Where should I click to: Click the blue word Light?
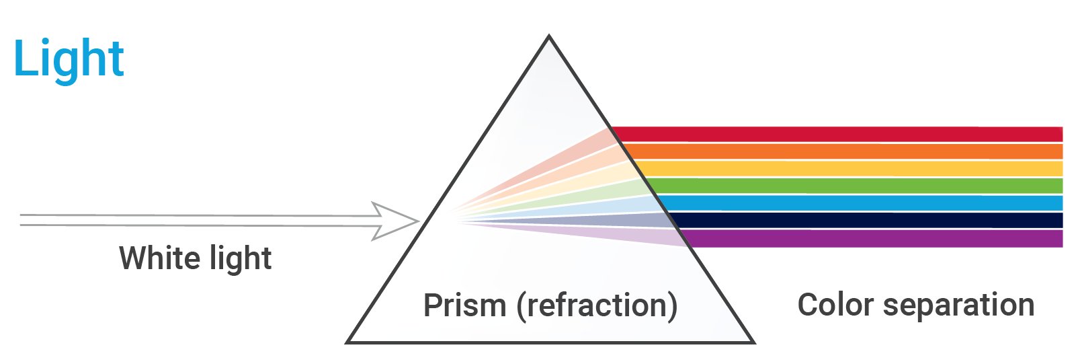(69, 59)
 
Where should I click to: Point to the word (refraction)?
(597, 305)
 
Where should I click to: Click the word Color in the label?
(834, 305)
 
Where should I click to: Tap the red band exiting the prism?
(840, 134)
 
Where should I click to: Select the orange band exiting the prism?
(840, 151)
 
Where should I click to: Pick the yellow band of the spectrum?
(840, 168)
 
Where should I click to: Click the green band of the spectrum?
(840, 186)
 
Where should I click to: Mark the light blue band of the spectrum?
(840, 203)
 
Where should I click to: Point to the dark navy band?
(840, 220)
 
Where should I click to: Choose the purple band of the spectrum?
(840, 238)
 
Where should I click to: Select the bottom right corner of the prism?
(752, 341)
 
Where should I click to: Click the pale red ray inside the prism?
(578, 152)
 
